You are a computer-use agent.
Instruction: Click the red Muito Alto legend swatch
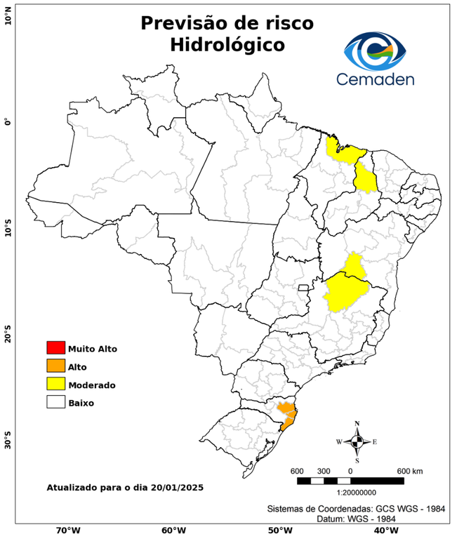(x=55, y=348)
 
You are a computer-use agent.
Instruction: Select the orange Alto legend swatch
(x=55, y=366)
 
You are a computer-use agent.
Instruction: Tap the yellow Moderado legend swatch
(x=55, y=385)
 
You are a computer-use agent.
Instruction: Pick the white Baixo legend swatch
(x=55, y=403)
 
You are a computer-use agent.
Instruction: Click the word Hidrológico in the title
(x=227, y=45)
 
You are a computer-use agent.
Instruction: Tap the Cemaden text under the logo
(x=375, y=79)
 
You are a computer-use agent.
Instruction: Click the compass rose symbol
(x=357, y=441)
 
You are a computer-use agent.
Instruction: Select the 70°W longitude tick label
(x=67, y=530)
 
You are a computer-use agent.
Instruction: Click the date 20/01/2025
(x=175, y=487)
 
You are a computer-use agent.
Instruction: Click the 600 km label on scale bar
(x=409, y=470)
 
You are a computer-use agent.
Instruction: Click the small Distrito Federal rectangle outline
(x=304, y=287)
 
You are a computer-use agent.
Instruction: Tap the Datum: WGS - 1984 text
(x=352, y=519)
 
